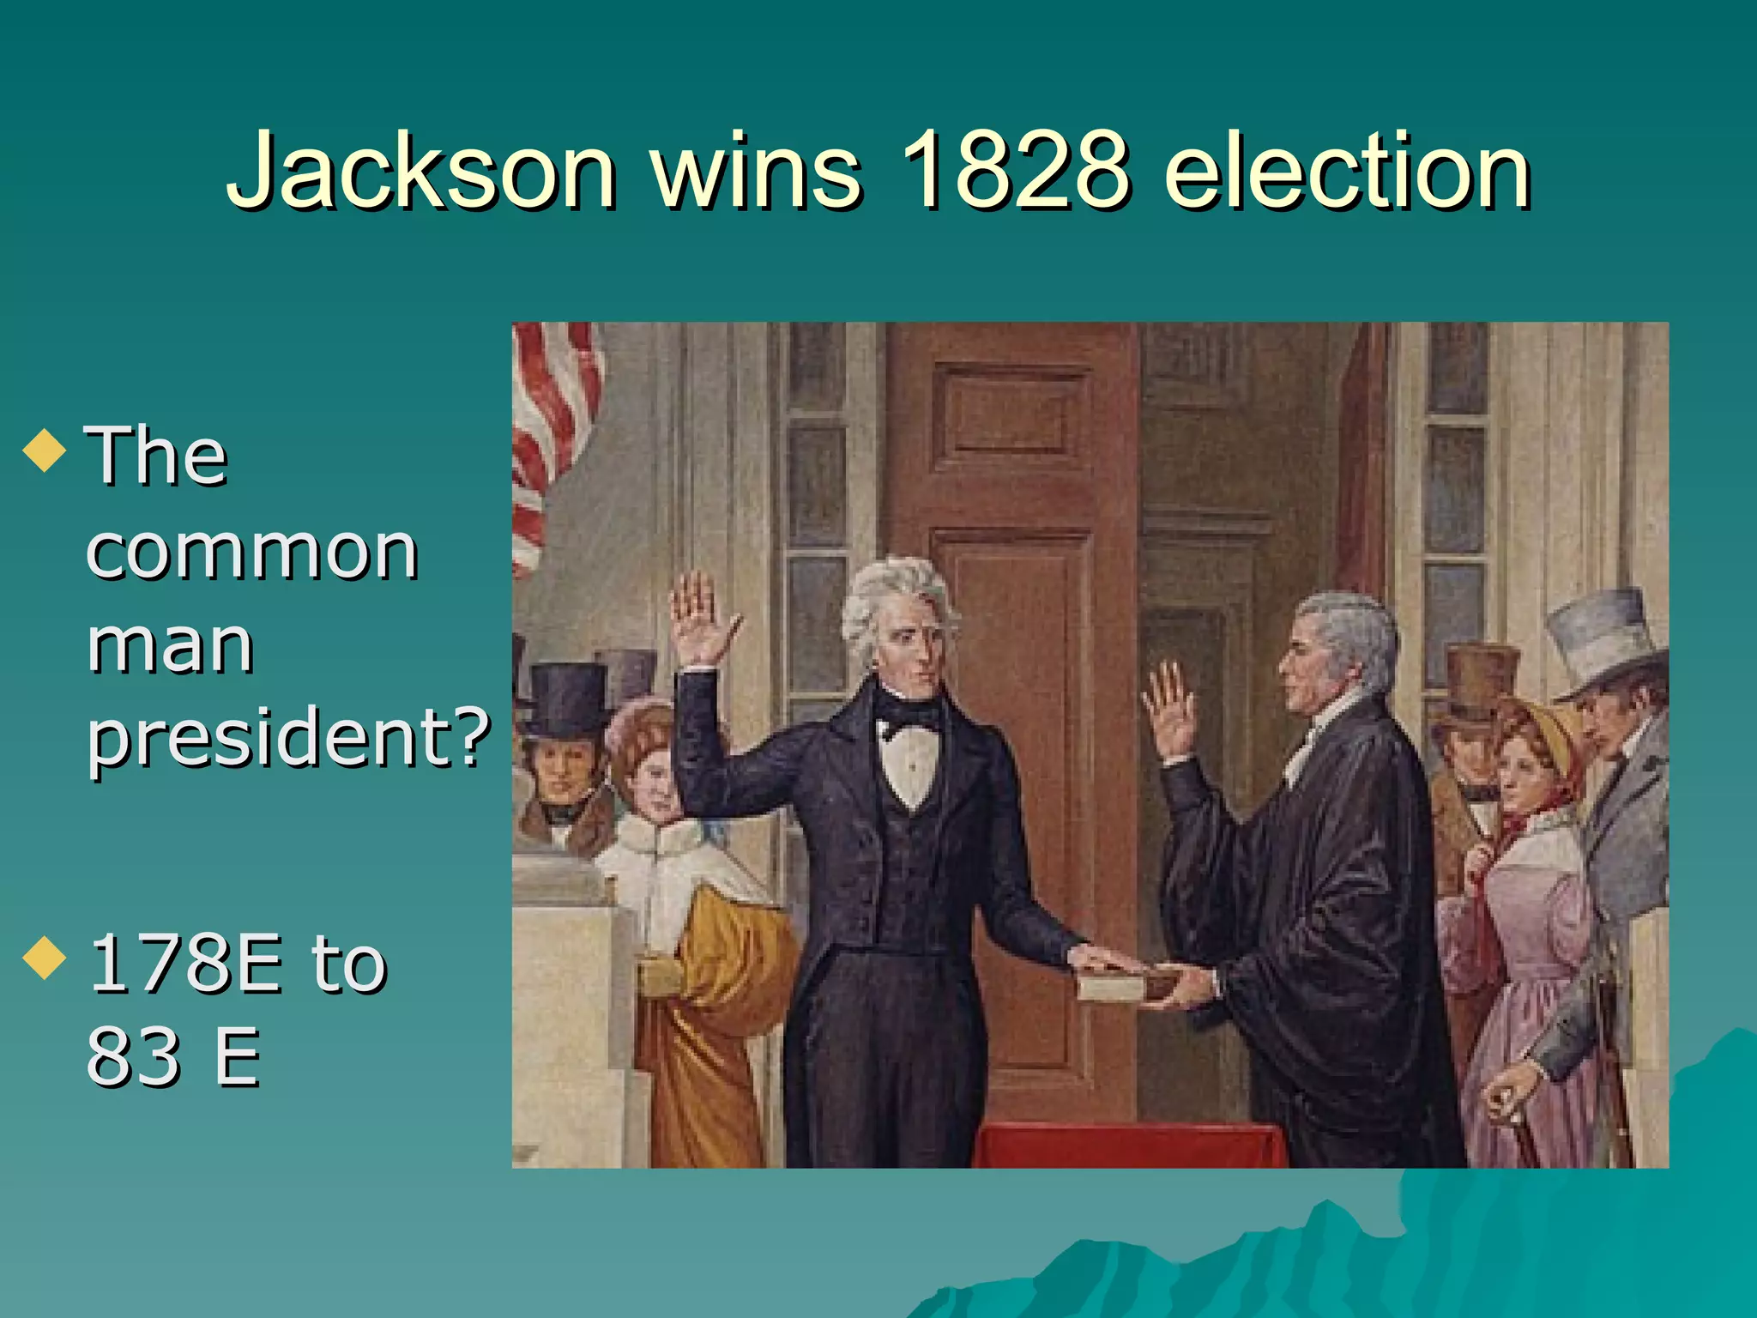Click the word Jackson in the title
point(420,172)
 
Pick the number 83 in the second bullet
point(133,1056)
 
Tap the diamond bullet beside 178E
point(45,958)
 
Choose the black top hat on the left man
point(566,699)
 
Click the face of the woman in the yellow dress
point(652,781)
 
